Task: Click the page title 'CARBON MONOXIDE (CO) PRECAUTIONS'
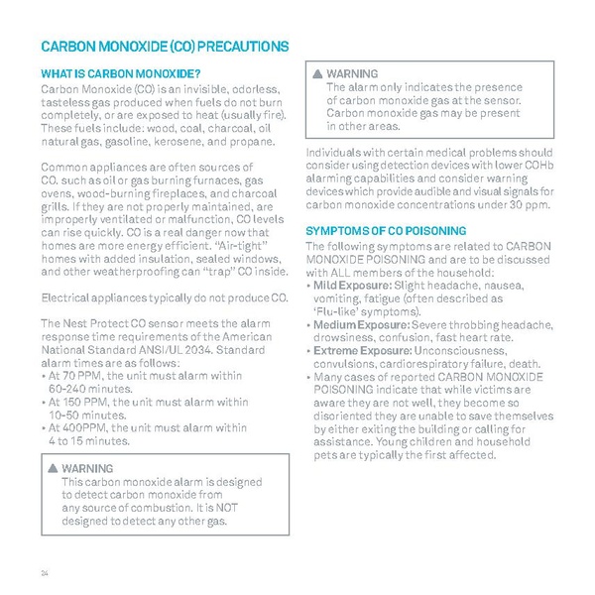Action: click(x=164, y=46)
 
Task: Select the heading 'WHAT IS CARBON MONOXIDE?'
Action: click(x=119, y=74)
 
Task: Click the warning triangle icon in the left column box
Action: click(x=53, y=468)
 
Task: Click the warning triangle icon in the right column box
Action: click(x=318, y=74)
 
